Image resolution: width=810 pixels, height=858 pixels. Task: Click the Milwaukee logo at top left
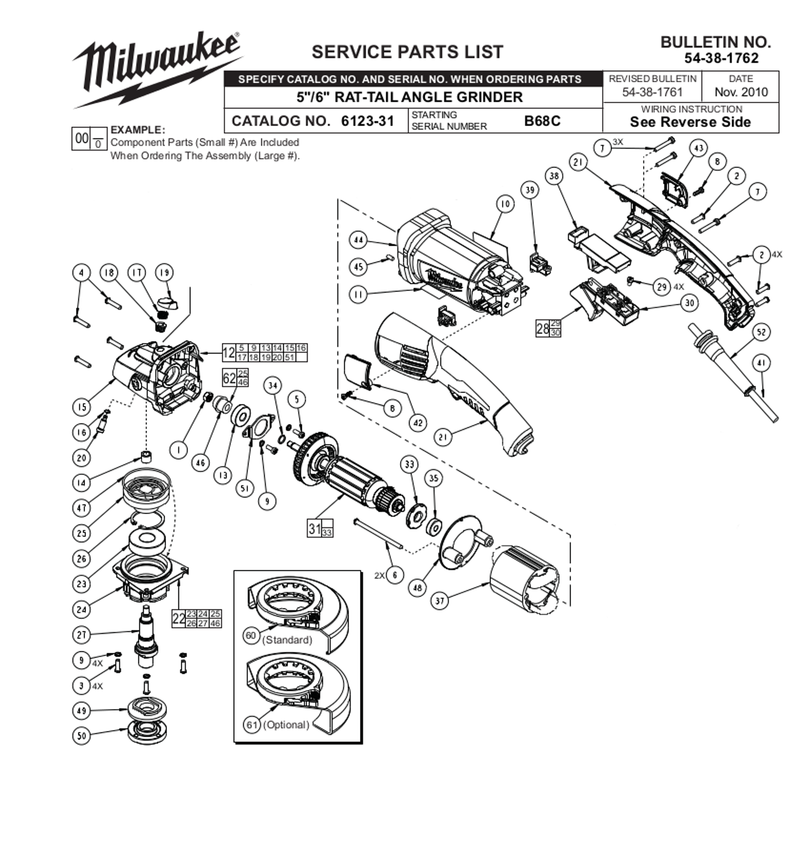[157, 70]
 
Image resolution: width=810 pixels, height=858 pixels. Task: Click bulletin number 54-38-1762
[721, 58]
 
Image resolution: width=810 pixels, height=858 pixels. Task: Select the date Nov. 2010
[741, 92]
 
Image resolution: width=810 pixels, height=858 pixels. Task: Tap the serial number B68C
[542, 121]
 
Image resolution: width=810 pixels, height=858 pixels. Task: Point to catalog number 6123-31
[367, 121]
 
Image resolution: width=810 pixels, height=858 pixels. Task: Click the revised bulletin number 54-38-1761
[652, 92]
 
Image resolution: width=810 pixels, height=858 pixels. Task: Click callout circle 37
[440, 601]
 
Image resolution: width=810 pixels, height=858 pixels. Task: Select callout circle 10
[505, 204]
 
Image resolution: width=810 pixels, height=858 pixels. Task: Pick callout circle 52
[761, 332]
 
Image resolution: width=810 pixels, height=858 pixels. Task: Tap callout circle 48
[418, 587]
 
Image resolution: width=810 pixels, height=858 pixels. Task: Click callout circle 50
[81, 736]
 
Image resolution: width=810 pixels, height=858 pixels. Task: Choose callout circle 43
[698, 148]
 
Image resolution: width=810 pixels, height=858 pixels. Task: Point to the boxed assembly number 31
[314, 528]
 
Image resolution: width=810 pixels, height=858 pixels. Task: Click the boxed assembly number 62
[229, 378]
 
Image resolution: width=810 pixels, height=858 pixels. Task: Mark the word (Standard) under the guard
[287, 640]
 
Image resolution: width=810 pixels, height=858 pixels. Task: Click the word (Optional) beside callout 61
[286, 725]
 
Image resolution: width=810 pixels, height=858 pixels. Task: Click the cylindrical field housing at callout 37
[525, 577]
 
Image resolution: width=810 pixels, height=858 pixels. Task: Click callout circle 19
[164, 272]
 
